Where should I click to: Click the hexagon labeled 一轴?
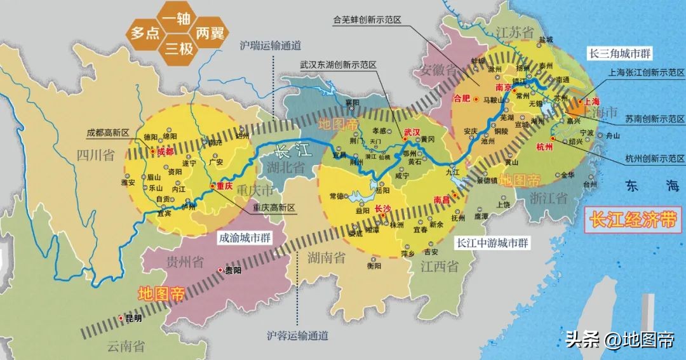coord(177,20)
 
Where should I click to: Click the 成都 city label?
coord(165,152)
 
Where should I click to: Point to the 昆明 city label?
coord(133,319)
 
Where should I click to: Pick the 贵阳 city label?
coord(233,270)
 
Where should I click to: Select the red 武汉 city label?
coord(412,131)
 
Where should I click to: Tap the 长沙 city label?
coord(383,208)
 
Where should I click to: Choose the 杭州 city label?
coord(545,147)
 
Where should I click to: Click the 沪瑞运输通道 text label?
coord(270,46)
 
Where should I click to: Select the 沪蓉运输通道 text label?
coord(298,335)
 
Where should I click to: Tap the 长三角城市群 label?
coord(621,54)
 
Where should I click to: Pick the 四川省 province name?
coord(95,156)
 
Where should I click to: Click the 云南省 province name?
coord(125,347)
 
